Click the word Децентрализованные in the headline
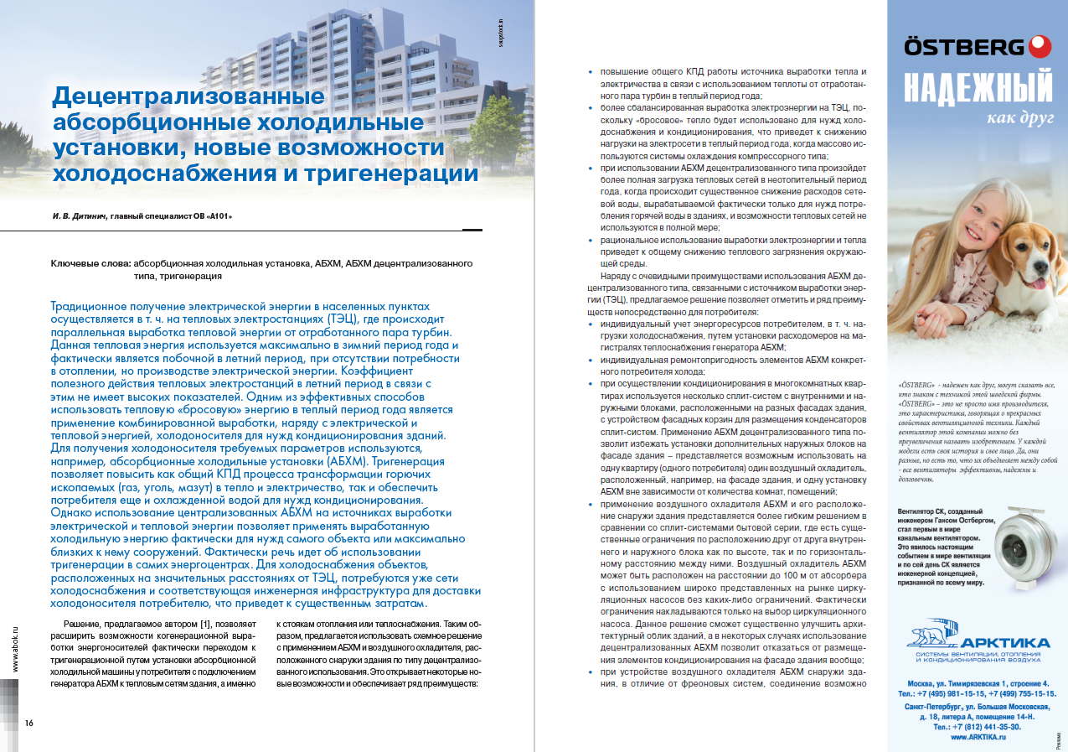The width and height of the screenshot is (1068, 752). (188, 97)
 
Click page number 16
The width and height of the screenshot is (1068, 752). (28, 722)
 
